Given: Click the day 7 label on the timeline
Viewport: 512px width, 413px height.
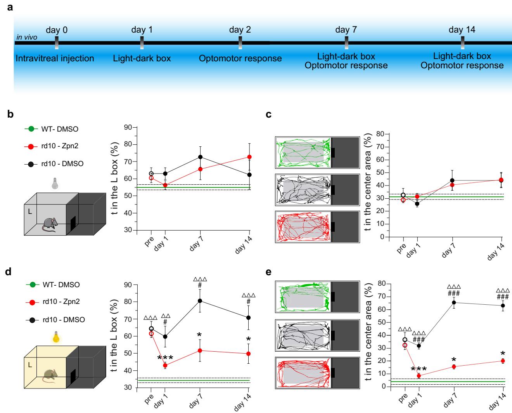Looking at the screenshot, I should (x=346, y=30).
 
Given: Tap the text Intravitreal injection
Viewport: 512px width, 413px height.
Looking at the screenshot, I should (x=55, y=59).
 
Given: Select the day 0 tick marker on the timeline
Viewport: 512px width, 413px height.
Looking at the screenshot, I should (x=57, y=43).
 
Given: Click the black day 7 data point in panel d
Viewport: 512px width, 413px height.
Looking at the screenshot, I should (x=200, y=300).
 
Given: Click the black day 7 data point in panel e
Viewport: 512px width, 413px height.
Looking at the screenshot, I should (x=454, y=302).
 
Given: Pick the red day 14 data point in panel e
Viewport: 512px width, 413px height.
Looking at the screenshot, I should (x=503, y=361).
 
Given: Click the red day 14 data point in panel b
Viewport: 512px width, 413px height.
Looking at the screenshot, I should (x=249, y=157).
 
